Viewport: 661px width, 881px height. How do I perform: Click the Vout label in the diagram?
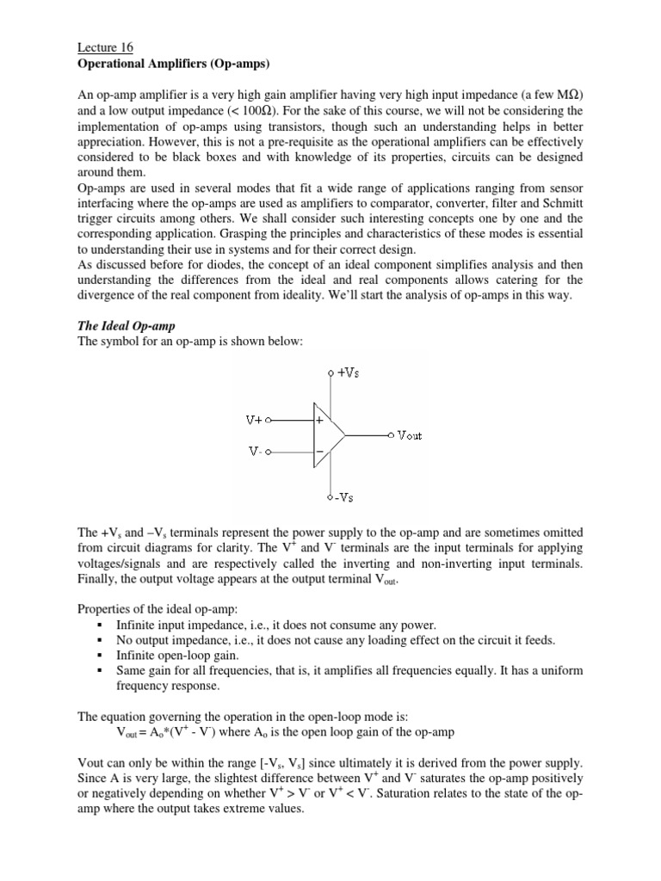click(410, 435)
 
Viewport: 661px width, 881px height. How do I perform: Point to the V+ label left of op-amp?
click(256, 421)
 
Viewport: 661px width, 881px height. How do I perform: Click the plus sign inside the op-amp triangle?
click(320, 422)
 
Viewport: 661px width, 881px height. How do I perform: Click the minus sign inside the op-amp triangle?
click(320, 451)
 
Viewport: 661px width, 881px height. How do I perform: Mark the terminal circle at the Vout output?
click(391, 435)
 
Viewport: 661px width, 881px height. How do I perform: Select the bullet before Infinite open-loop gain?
click(101, 656)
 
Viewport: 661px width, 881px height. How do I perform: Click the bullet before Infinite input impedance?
click(101, 625)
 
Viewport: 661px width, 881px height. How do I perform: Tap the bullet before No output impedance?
click(101, 640)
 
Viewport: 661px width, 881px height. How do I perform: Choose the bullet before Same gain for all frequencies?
click(101, 671)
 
